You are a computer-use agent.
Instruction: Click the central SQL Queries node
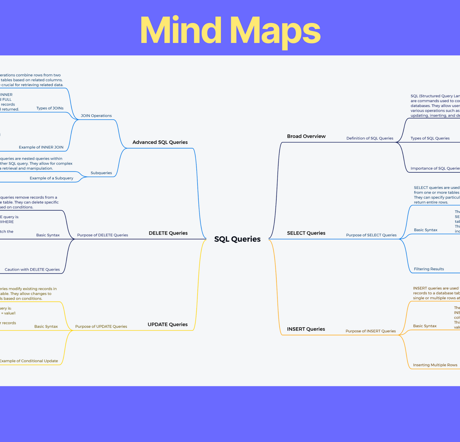[237, 239]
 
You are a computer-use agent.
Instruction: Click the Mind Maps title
[230, 31]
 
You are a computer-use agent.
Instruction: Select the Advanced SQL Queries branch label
[160, 142]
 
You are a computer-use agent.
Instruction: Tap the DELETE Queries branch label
[168, 233]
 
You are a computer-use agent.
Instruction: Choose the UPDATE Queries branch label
[167, 325]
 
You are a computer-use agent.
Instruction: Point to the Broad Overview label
[306, 136]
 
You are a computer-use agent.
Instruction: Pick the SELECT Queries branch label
[306, 233]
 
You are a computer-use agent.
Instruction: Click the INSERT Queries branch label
[306, 329]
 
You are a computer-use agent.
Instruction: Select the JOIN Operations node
[96, 116]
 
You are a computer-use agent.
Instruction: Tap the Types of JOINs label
[50, 108]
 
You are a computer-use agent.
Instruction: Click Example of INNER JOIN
[41, 147]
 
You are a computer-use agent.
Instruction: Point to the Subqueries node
[101, 173]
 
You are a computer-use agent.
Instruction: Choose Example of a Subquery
[52, 178]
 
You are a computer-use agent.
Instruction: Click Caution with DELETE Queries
[32, 270]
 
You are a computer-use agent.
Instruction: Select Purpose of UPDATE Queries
[101, 326]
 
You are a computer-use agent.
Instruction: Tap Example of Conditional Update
[29, 361]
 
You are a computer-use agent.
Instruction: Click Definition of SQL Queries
[370, 138]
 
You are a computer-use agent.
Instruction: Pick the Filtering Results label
[429, 269]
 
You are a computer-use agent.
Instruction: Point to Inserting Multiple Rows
[435, 365]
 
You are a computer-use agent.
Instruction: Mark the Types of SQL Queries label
[430, 138]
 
